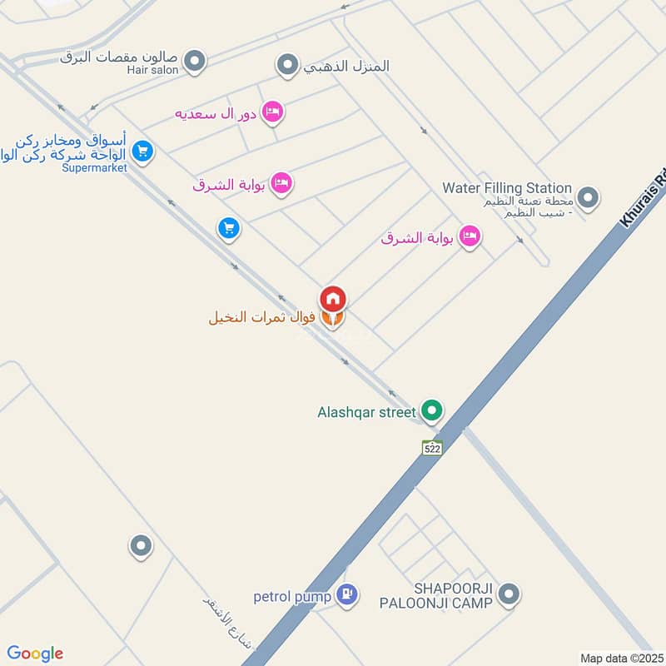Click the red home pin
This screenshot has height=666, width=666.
click(x=333, y=298)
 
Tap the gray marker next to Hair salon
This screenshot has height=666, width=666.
click(x=195, y=60)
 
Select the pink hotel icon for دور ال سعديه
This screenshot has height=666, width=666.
click(x=272, y=112)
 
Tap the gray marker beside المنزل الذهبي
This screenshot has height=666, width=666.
click(x=288, y=64)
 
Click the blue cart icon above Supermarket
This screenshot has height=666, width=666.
click(x=143, y=152)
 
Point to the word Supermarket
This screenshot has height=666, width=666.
click(x=94, y=167)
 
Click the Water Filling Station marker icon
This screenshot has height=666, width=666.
click(x=589, y=198)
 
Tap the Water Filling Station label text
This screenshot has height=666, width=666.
click(x=507, y=188)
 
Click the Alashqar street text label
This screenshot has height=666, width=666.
click(x=365, y=411)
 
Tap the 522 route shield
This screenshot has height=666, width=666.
click(x=430, y=447)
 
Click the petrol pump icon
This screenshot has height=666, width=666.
click(x=349, y=594)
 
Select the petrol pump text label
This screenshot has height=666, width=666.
click(x=292, y=596)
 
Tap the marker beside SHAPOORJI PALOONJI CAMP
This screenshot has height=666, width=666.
click(x=510, y=594)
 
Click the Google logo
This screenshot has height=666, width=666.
click(x=35, y=654)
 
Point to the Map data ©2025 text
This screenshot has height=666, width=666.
click(x=620, y=658)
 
